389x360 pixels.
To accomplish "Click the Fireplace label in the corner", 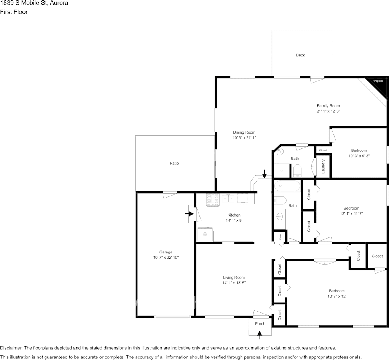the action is pyautogui.click(x=378, y=81).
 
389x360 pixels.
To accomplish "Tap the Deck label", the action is pyautogui.click(x=300, y=55).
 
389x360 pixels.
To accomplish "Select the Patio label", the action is pyautogui.click(x=174, y=163).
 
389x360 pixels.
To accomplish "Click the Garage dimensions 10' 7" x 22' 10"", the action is pyautogui.click(x=166, y=258).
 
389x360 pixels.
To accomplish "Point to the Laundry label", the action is pyautogui.click(x=323, y=166).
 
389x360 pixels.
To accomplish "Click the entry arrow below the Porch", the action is pyautogui.click(x=260, y=335).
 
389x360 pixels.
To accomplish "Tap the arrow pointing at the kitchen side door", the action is pyautogui.click(x=189, y=213).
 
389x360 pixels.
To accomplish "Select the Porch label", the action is pyautogui.click(x=260, y=324).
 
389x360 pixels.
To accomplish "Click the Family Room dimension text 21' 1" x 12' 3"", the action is pyautogui.click(x=328, y=111).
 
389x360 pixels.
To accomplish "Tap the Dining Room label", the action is pyautogui.click(x=244, y=132).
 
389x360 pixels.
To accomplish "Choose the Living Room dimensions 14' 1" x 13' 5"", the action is pyautogui.click(x=234, y=283).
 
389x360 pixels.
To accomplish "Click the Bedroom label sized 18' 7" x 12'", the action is pyautogui.click(x=336, y=291).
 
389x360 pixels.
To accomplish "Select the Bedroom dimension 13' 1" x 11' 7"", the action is pyautogui.click(x=351, y=213).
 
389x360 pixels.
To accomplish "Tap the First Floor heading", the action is pyautogui.click(x=14, y=12).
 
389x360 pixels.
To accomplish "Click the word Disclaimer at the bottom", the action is pyautogui.click(x=11, y=348).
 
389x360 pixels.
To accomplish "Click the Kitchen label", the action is pyautogui.click(x=234, y=215).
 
